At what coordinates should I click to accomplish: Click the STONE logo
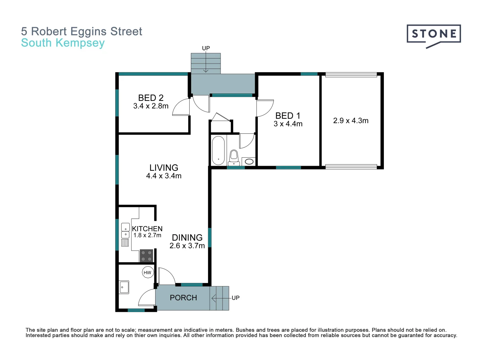(434, 35)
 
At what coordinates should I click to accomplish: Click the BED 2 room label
(151, 98)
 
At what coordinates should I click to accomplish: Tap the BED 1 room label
(288, 116)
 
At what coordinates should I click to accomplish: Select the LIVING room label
(164, 167)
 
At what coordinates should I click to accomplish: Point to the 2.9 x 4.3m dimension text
(351, 121)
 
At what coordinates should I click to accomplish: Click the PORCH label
(183, 298)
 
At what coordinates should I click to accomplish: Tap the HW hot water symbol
(148, 273)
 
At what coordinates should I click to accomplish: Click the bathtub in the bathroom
(218, 150)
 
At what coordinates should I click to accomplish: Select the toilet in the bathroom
(234, 157)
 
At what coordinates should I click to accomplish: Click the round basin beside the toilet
(249, 162)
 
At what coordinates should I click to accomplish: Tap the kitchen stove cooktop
(146, 256)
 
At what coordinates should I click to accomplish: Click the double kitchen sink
(125, 231)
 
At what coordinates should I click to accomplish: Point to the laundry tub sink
(124, 287)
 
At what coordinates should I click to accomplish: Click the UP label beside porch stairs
(236, 298)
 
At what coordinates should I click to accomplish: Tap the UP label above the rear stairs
(206, 48)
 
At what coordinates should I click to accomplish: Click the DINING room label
(187, 238)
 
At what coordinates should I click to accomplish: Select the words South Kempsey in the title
(63, 43)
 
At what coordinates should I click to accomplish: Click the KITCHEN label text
(147, 229)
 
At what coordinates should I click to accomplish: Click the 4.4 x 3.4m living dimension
(164, 176)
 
